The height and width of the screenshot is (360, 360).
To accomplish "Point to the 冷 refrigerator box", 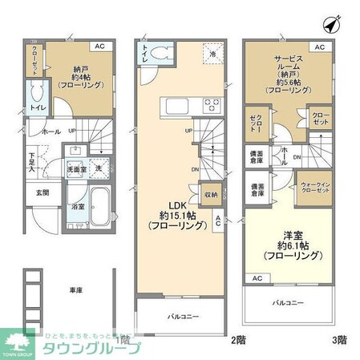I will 212,51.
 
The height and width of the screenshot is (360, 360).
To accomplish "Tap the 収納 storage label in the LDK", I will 210,193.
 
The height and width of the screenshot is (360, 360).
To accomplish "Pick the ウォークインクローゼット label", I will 313,188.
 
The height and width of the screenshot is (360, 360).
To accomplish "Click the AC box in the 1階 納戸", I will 100,47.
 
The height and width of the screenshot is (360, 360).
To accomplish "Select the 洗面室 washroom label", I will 75,170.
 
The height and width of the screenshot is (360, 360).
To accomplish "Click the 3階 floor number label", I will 340,339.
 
